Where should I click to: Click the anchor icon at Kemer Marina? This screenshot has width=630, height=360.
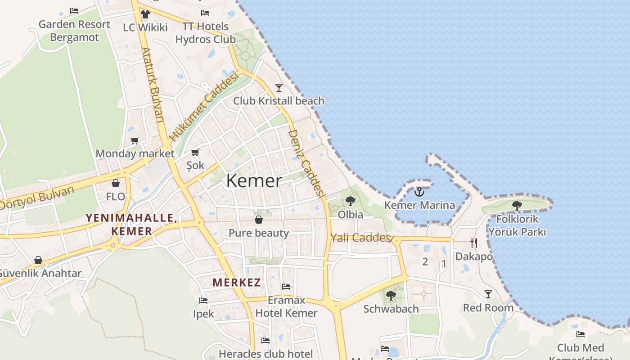pos(419,192)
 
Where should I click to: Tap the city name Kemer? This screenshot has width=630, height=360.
pos(254,181)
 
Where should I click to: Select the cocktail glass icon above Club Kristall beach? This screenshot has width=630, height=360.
pos(279,87)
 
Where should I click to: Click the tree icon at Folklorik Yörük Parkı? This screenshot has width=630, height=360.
pos(517,206)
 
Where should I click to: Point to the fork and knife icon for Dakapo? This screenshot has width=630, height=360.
pos(473,243)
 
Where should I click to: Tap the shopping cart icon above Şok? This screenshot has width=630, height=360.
pos(195,153)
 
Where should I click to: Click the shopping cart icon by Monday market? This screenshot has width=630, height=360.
pos(135,140)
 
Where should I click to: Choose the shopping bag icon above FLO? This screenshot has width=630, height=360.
pos(116,183)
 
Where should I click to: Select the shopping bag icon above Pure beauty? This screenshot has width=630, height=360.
pos(259,220)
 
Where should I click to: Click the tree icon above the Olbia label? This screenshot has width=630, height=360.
pos(350,201)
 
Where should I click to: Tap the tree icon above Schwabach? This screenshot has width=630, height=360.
pos(391,296)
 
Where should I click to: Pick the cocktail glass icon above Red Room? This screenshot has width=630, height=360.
pos(488,294)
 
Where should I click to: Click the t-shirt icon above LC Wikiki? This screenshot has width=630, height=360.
pos(145,14)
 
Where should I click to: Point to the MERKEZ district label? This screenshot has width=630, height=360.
pos(237,283)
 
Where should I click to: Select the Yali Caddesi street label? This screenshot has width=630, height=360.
pos(360,238)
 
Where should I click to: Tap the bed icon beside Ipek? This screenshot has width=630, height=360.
pos(203,300)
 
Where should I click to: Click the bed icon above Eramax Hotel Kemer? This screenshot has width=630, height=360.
pos(286,286)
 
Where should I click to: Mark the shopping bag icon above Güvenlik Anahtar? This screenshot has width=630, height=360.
pos(38,260)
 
